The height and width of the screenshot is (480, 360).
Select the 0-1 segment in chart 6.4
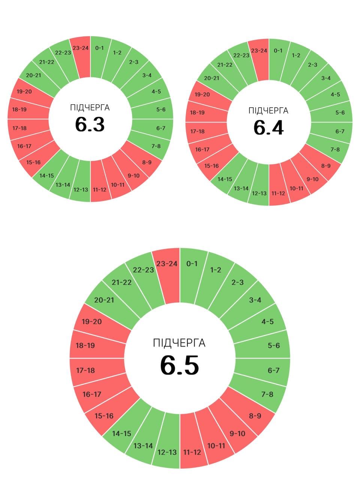(278, 51)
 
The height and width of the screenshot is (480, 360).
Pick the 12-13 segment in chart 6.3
(81, 189)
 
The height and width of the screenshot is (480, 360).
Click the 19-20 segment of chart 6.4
(202, 94)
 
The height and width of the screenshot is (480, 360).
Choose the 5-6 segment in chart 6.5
(273, 345)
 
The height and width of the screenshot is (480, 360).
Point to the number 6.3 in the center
(90, 124)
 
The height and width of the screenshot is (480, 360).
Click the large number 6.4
(268, 127)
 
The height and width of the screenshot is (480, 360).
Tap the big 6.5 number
(180, 365)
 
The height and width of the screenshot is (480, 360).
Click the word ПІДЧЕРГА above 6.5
(179, 343)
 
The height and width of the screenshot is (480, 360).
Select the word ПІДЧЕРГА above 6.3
(90, 108)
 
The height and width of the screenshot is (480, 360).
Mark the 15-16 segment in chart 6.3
(33, 162)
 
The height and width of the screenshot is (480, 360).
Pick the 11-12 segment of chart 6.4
(278, 193)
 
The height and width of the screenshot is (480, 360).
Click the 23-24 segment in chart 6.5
(167, 264)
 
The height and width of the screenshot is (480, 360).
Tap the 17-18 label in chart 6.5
(85, 370)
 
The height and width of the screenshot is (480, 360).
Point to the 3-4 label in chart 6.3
(147, 75)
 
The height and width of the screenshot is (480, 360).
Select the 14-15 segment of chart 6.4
(225, 179)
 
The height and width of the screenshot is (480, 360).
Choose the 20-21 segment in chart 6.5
(104, 300)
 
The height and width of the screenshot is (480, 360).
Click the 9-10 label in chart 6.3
(133, 175)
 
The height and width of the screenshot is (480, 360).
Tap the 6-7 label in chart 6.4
(340, 131)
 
